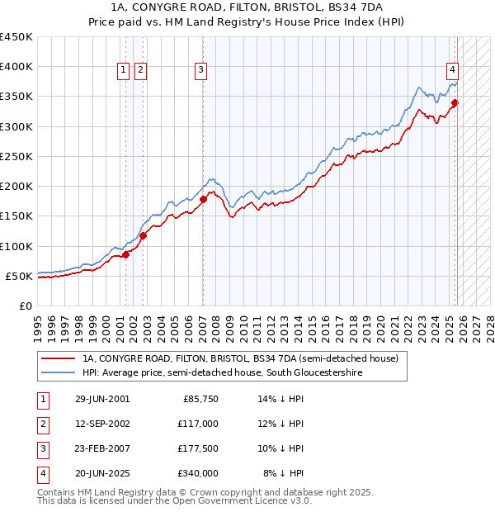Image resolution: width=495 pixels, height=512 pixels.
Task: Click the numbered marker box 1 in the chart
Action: click(x=123, y=71)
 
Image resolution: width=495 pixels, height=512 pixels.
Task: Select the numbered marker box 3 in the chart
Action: click(x=200, y=71)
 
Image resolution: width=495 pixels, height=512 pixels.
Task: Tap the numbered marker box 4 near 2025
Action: click(x=453, y=71)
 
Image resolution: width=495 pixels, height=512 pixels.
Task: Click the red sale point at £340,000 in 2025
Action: click(x=455, y=103)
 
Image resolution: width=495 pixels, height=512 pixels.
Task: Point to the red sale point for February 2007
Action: click(x=203, y=199)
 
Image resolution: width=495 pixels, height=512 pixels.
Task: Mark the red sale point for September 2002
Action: click(x=143, y=235)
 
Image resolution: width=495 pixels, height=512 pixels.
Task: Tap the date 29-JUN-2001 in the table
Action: click(x=102, y=399)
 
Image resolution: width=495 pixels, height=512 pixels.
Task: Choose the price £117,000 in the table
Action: click(x=198, y=424)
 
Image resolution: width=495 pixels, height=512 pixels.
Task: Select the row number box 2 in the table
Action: click(x=41, y=424)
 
